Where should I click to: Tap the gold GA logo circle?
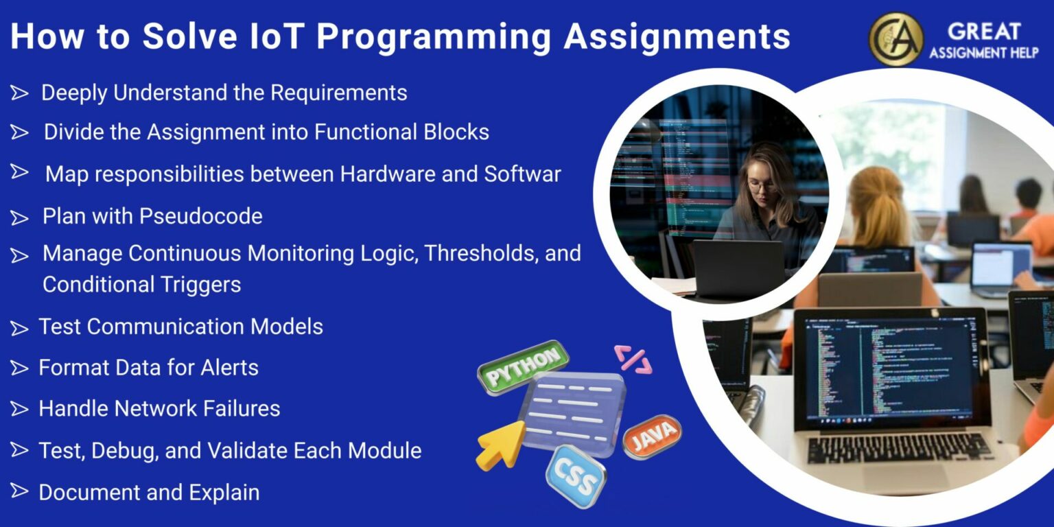pyautogui.click(x=895, y=39)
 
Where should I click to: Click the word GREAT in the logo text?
pyautogui.click(x=983, y=32)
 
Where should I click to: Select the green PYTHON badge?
pyautogui.click(x=524, y=368)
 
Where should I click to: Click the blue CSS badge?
pyautogui.click(x=575, y=476)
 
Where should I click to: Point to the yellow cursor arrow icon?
pyautogui.click(x=500, y=445)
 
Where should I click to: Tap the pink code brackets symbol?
pyautogui.click(x=632, y=359)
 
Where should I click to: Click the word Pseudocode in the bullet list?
pyautogui.click(x=201, y=217)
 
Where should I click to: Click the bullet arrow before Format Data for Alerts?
pyautogui.click(x=19, y=368)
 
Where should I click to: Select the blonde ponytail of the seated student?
pyautogui.click(x=877, y=206)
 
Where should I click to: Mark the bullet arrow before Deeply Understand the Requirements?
pyautogui.click(x=19, y=93)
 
